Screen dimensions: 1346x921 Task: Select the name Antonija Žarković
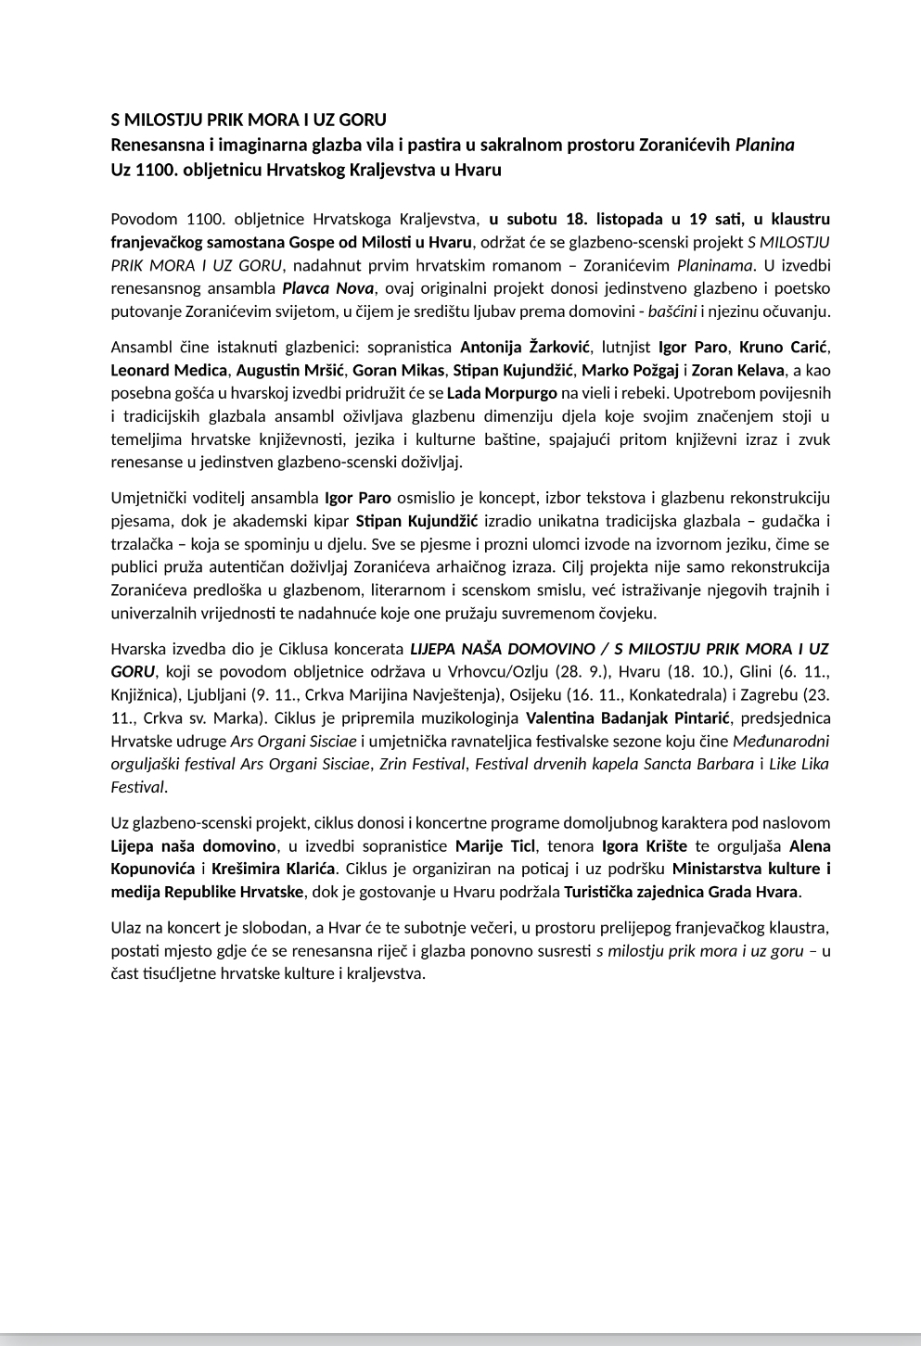[525, 348]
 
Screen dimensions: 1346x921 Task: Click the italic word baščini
[672, 311]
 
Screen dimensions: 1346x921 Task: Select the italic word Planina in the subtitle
[764, 146]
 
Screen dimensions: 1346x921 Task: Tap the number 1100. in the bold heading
[152, 171]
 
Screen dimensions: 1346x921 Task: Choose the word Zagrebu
[765, 694]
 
